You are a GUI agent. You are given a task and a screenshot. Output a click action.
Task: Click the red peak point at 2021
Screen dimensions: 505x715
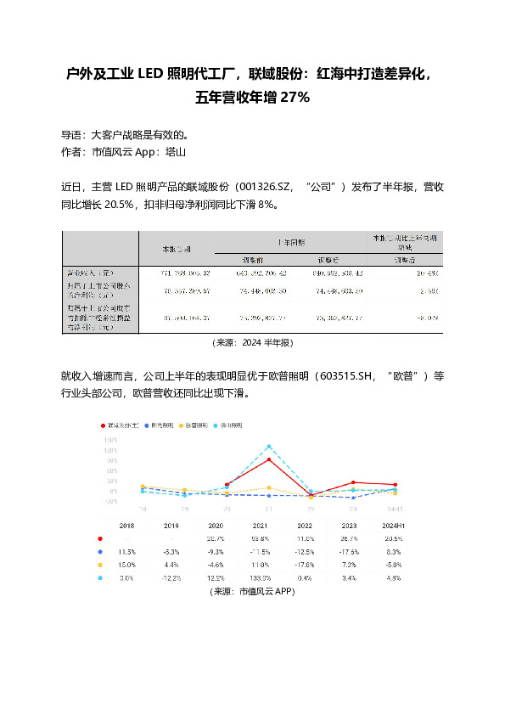(x=269, y=459)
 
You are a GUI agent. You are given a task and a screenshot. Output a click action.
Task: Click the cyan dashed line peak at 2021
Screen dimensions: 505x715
(x=269, y=446)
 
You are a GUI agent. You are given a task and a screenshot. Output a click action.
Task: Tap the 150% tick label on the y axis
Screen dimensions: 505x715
(x=110, y=441)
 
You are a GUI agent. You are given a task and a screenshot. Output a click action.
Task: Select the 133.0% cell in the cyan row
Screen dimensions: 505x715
(x=269, y=578)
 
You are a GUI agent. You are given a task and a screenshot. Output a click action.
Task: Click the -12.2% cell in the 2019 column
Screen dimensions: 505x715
(x=172, y=578)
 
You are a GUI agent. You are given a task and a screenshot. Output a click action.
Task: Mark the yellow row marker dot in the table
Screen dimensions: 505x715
(x=100, y=565)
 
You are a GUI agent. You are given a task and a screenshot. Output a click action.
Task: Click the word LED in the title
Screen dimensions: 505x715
(x=149, y=74)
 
